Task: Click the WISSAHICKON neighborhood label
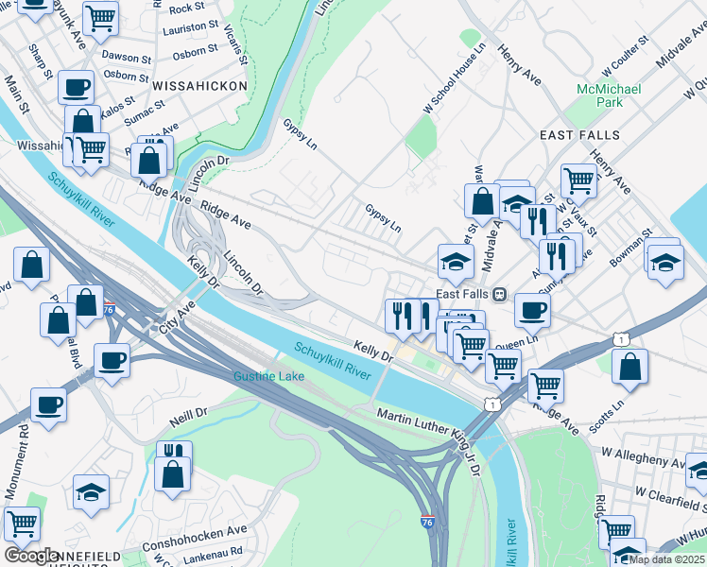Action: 198,86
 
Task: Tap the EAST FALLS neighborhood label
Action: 579,135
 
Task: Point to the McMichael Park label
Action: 609,95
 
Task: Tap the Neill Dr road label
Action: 189,414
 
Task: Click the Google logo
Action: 31,556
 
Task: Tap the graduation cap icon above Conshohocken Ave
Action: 91,491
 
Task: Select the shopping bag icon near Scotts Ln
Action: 629,366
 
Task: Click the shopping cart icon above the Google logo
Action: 21,521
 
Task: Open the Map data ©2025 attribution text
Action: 666,559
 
